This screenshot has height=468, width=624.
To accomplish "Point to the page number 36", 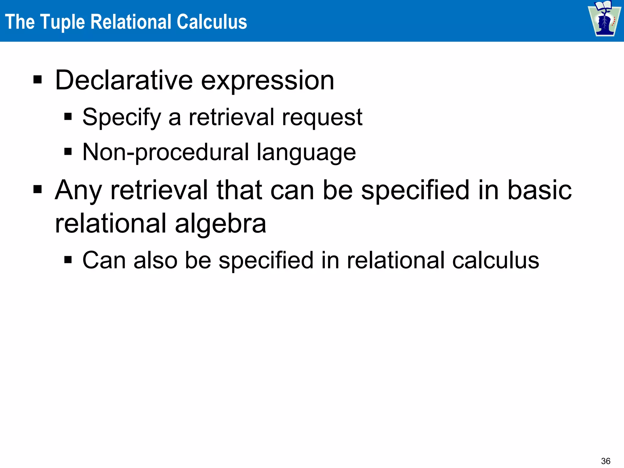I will pyautogui.click(x=605, y=461).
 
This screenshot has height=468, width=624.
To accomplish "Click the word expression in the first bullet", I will pyautogui.click(x=268, y=81).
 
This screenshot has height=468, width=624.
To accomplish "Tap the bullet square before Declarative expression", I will pyautogui.click(x=37, y=80).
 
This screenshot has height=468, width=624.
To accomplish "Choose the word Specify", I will pyautogui.click(x=122, y=118).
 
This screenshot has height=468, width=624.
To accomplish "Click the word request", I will pyautogui.click(x=322, y=118).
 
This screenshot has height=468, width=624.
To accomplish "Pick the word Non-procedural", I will pyautogui.click(x=166, y=152).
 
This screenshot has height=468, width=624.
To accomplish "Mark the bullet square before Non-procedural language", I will pyautogui.click(x=68, y=151).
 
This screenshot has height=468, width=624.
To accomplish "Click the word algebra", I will pyautogui.click(x=221, y=224).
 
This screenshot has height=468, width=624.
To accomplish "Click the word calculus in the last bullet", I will pyautogui.click(x=496, y=260).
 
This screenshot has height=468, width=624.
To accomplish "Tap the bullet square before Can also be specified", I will pyautogui.click(x=68, y=260).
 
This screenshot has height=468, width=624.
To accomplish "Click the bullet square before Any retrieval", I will pyautogui.click(x=37, y=190).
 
